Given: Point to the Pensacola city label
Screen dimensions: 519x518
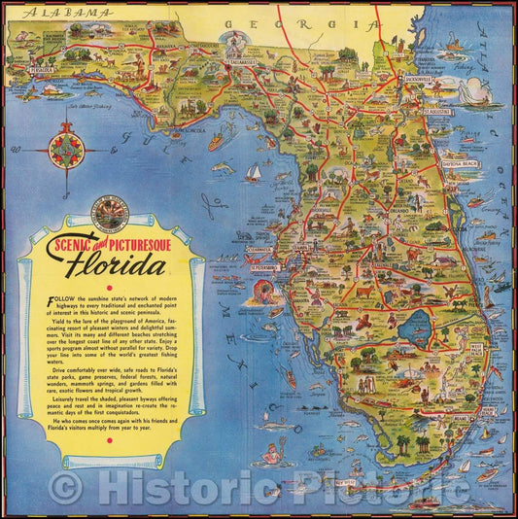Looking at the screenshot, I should click(41, 71).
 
